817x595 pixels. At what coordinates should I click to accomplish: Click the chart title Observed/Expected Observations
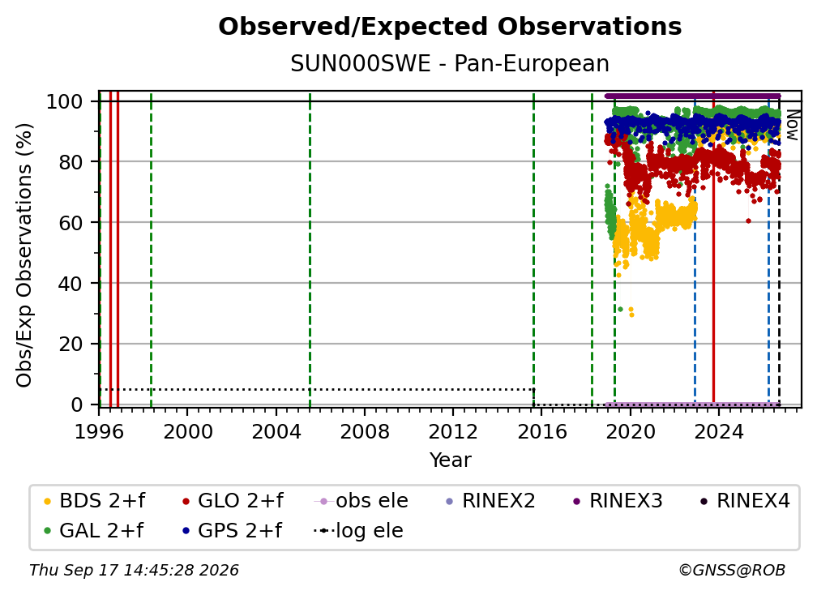(x=450, y=27)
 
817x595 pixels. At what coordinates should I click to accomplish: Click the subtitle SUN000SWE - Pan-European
(x=450, y=64)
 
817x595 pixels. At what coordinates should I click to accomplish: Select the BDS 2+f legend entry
(x=94, y=501)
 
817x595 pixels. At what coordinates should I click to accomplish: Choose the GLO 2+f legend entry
(x=233, y=501)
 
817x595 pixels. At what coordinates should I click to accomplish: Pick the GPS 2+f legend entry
(x=232, y=530)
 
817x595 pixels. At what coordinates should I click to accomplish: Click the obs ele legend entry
(x=361, y=501)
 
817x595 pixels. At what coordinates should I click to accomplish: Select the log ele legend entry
(x=358, y=530)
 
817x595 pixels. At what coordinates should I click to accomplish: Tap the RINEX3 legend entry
(x=618, y=501)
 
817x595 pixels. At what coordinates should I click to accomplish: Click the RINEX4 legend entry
(x=745, y=501)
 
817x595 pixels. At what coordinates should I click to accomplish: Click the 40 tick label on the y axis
(x=71, y=284)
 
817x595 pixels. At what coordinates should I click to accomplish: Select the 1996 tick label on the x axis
(x=99, y=432)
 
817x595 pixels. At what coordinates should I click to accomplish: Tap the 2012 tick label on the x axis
(x=453, y=432)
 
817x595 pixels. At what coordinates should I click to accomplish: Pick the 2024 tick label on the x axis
(x=718, y=432)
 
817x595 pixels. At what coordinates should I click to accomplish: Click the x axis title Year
(x=450, y=460)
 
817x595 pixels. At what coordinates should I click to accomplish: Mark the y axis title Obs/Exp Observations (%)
(x=24, y=255)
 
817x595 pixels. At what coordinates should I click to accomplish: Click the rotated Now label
(x=792, y=125)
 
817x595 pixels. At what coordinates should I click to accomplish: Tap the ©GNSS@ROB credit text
(x=732, y=570)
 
